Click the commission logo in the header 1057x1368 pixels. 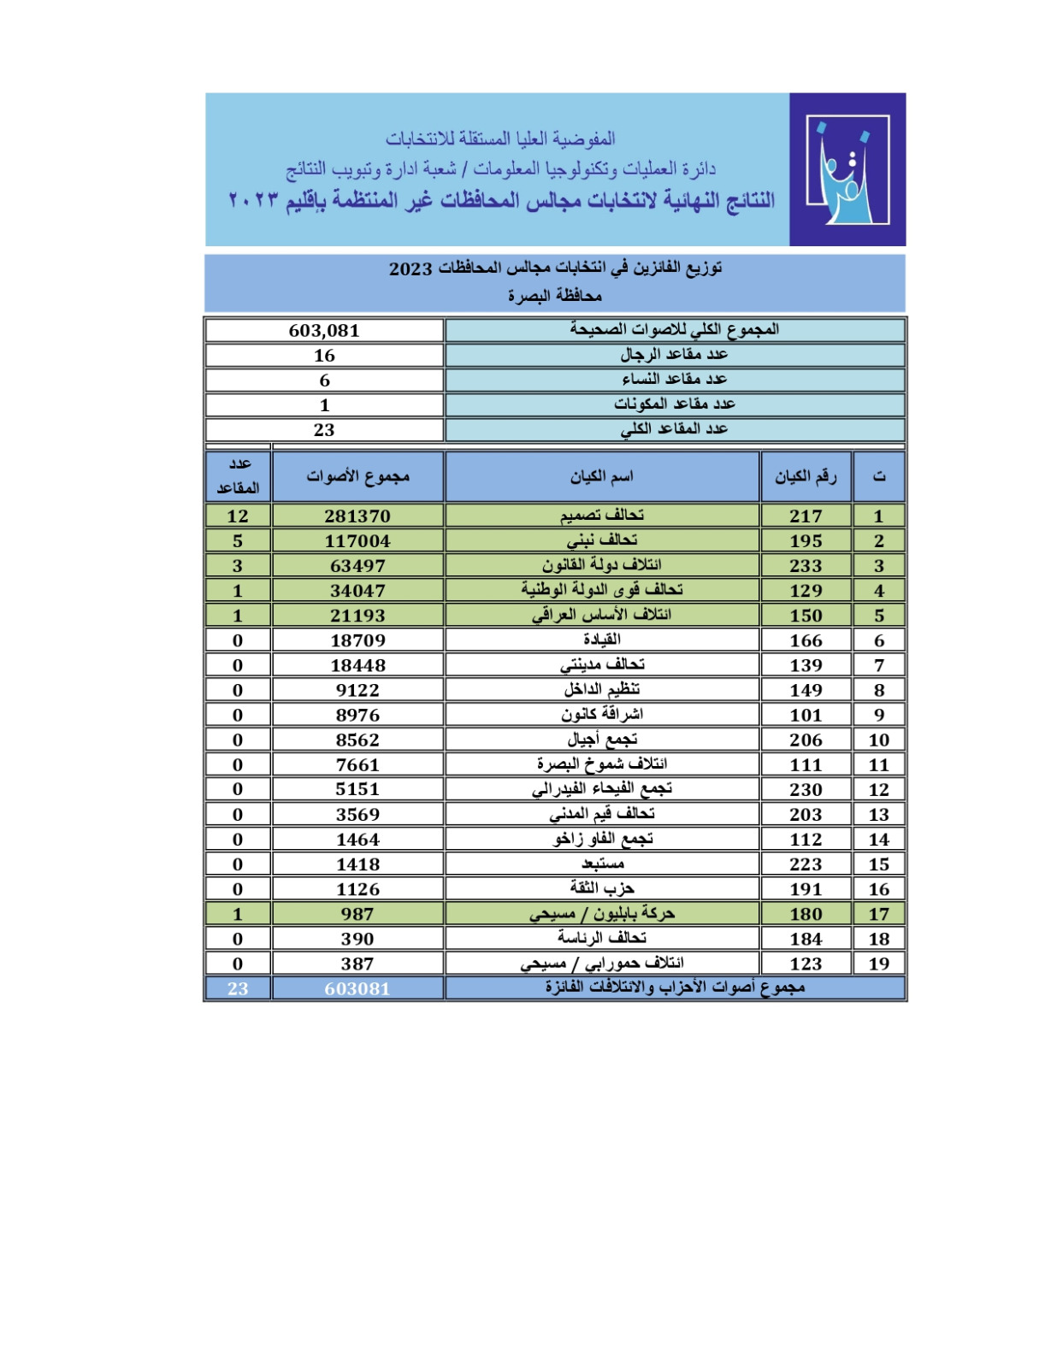pos(847,169)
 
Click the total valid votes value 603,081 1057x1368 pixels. pos(324,331)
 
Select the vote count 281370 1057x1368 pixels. pos(357,516)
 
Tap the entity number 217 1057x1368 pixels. pos(806,516)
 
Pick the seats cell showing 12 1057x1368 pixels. pos(238,516)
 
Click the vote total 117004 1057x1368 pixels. pos(357,540)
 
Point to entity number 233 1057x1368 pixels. pos(806,565)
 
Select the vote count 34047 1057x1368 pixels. pos(357,590)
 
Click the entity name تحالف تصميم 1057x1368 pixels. pos(602,515)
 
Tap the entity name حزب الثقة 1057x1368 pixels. pos(602,888)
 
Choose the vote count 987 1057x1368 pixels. pos(357,913)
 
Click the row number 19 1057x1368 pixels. pos(878,963)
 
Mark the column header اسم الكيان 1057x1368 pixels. pos(602,476)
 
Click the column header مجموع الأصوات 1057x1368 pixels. pos(357,476)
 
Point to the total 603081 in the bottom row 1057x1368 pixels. pos(357,988)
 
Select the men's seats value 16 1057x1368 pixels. pos(324,356)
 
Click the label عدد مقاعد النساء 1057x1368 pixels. pos(674,379)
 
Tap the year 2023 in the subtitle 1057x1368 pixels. pos(410,268)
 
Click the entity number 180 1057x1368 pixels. pos(806,913)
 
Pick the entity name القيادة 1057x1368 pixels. pos(602,640)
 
